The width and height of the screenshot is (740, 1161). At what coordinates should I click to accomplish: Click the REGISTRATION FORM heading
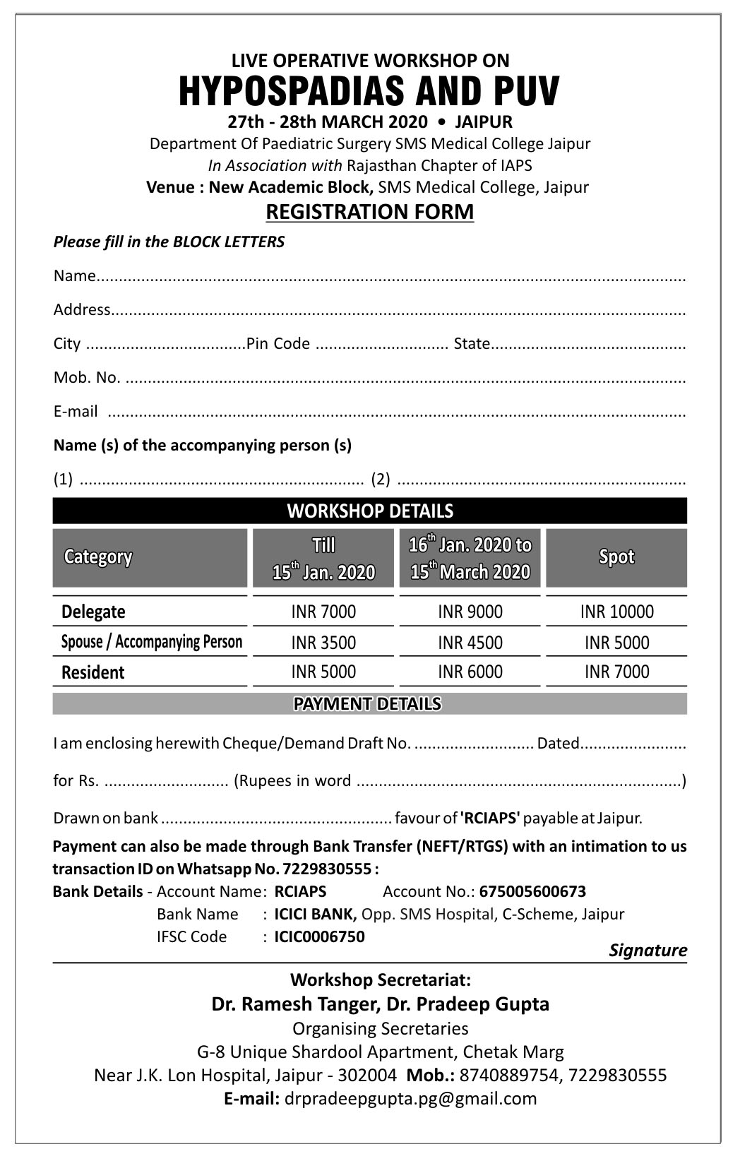point(369,212)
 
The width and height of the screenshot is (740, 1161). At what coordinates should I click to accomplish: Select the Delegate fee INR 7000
point(323,612)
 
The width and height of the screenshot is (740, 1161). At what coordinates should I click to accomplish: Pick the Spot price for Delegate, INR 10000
point(616,612)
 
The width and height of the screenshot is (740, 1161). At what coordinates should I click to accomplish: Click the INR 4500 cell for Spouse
point(470,643)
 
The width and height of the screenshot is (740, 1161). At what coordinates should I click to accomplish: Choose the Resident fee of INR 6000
point(470,672)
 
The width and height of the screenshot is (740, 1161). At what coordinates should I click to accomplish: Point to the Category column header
point(98,557)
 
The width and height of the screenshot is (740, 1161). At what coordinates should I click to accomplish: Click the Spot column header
point(616,557)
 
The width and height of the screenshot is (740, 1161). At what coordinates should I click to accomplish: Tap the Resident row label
point(92,672)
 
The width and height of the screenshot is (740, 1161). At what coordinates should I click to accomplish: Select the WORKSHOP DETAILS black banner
point(369,511)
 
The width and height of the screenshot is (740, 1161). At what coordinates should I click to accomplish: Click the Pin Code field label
point(278,343)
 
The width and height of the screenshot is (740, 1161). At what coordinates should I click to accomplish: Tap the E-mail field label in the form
point(76,411)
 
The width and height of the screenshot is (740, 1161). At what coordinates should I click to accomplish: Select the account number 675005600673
point(532,891)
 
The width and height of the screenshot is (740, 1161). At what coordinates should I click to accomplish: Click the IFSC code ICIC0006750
point(319,936)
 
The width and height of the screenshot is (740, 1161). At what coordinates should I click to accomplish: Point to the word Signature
point(647,950)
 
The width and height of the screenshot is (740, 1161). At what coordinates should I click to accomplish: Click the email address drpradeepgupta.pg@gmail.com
point(410,1098)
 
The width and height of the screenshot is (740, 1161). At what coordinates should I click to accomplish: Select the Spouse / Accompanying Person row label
point(151,642)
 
